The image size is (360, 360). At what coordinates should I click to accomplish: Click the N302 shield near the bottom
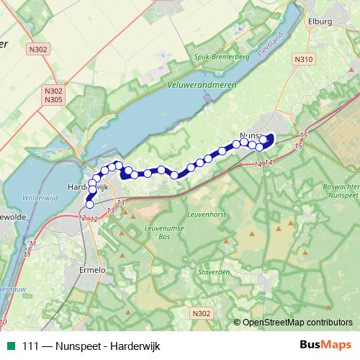click(x=203, y=313)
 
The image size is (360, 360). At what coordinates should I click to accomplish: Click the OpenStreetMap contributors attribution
click(x=297, y=323)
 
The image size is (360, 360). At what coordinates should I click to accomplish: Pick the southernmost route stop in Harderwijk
click(x=90, y=204)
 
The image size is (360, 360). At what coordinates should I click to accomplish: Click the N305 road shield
click(x=53, y=99)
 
